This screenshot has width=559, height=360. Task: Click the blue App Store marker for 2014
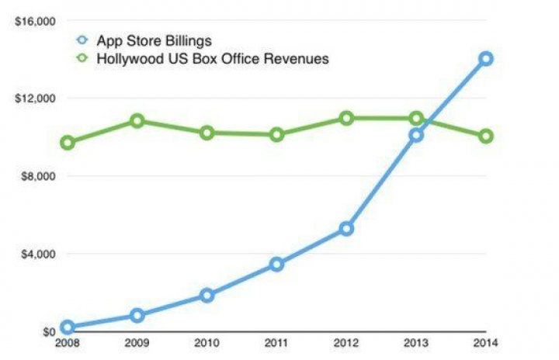(486, 58)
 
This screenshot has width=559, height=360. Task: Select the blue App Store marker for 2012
(346, 228)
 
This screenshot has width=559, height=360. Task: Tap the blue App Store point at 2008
(68, 327)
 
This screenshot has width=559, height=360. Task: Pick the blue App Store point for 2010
(207, 295)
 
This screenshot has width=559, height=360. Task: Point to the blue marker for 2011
(276, 265)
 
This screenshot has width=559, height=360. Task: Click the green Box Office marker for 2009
(137, 121)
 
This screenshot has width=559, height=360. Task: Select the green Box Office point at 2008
(68, 143)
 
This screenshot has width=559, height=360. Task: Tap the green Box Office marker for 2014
(486, 136)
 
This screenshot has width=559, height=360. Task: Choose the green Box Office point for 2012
(346, 118)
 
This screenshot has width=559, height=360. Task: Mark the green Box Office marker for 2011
(276, 134)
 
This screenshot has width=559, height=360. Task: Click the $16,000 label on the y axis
(33, 21)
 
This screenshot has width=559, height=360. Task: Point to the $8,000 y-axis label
(36, 176)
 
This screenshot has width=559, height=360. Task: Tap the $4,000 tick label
(36, 254)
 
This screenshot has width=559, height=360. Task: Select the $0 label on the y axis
(44, 332)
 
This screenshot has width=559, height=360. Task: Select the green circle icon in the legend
(83, 59)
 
